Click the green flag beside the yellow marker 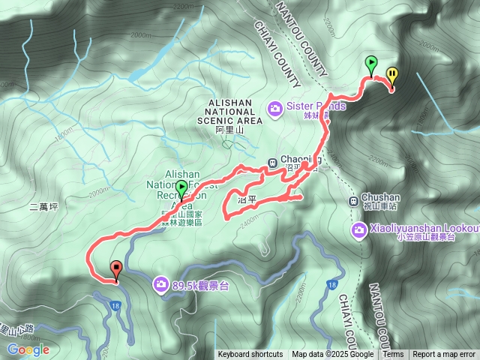coord(370,63)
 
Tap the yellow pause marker coord(392,73)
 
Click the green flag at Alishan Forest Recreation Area coord(181,188)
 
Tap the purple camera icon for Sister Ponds coord(275,107)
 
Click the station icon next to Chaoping coord(272,160)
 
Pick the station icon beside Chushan coord(353,200)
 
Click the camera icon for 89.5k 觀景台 coord(160,283)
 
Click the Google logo coord(28,349)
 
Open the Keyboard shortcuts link coord(250,355)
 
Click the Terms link coord(393,355)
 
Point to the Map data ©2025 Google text coord(333,355)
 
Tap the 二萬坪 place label coord(45,205)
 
